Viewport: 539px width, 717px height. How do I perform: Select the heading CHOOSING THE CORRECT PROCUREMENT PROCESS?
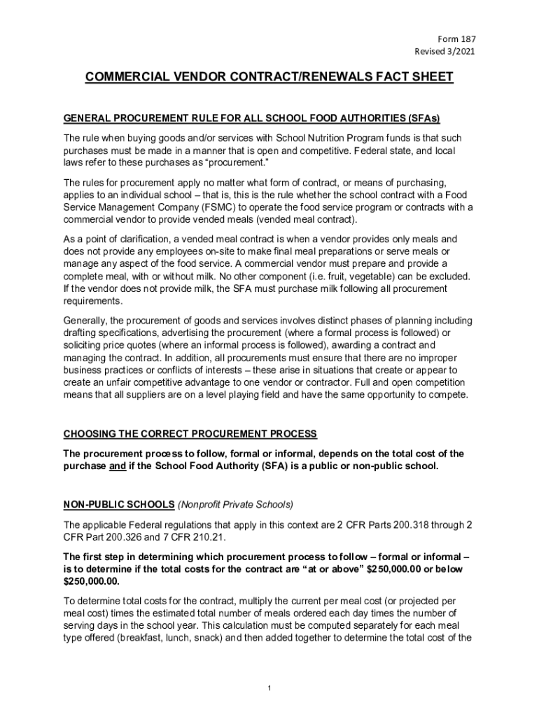tap(190, 433)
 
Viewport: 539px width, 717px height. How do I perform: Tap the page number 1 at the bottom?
tap(269, 690)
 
